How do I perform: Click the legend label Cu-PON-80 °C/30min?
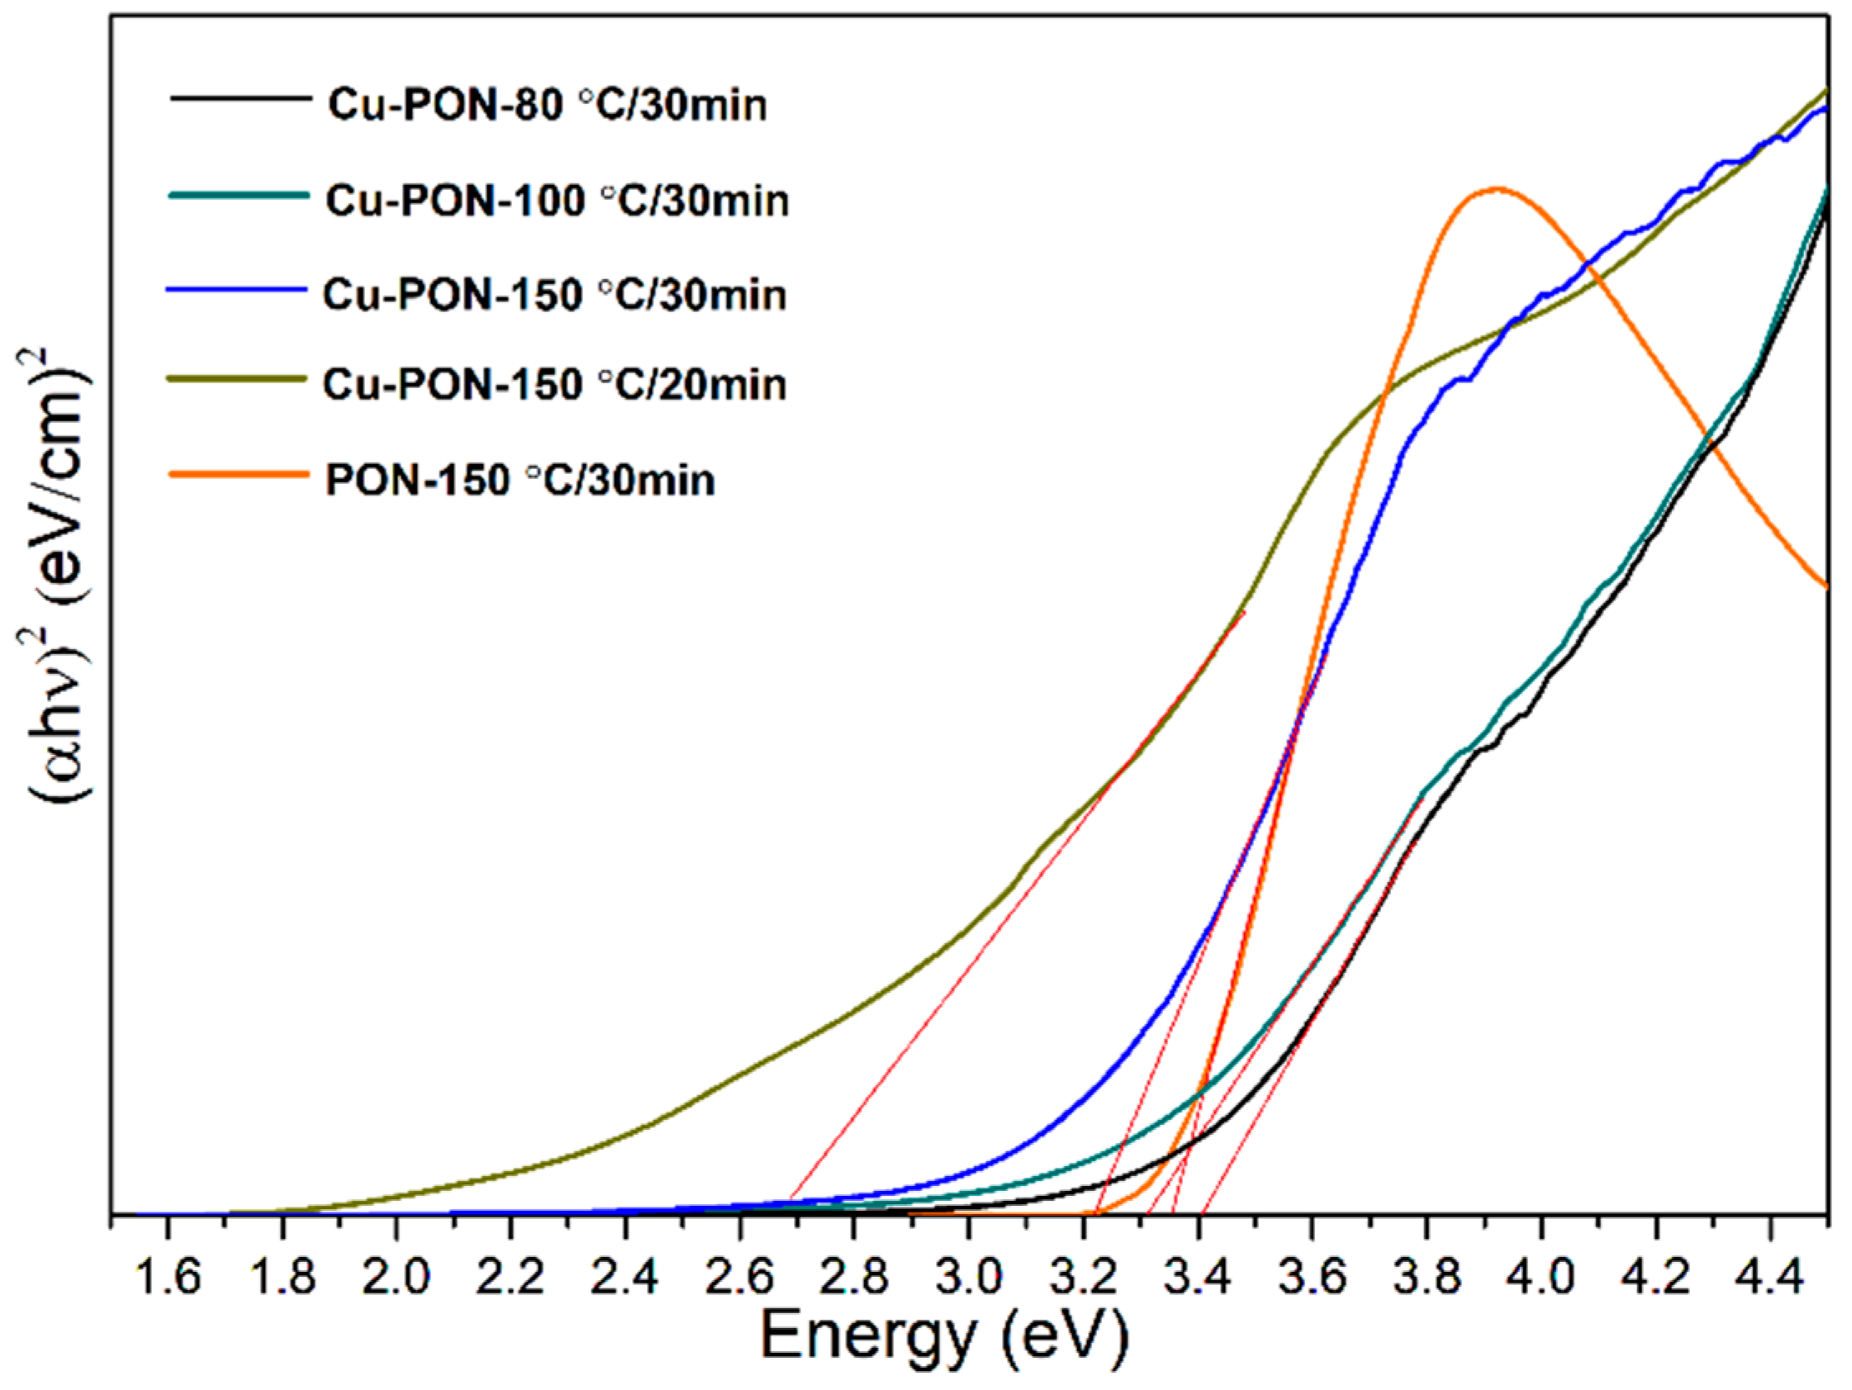click(x=547, y=107)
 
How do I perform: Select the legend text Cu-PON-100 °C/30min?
click(x=557, y=202)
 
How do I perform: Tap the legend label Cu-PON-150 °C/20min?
click(x=555, y=385)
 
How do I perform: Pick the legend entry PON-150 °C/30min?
click(x=520, y=481)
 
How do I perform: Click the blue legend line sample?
click(x=238, y=289)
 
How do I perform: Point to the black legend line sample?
click(x=238, y=99)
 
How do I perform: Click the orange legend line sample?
click(x=238, y=474)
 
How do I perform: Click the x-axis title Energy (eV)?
click(x=943, y=1337)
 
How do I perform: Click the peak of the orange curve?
click(x=1496, y=188)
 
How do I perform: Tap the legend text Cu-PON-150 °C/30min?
click(x=555, y=296)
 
